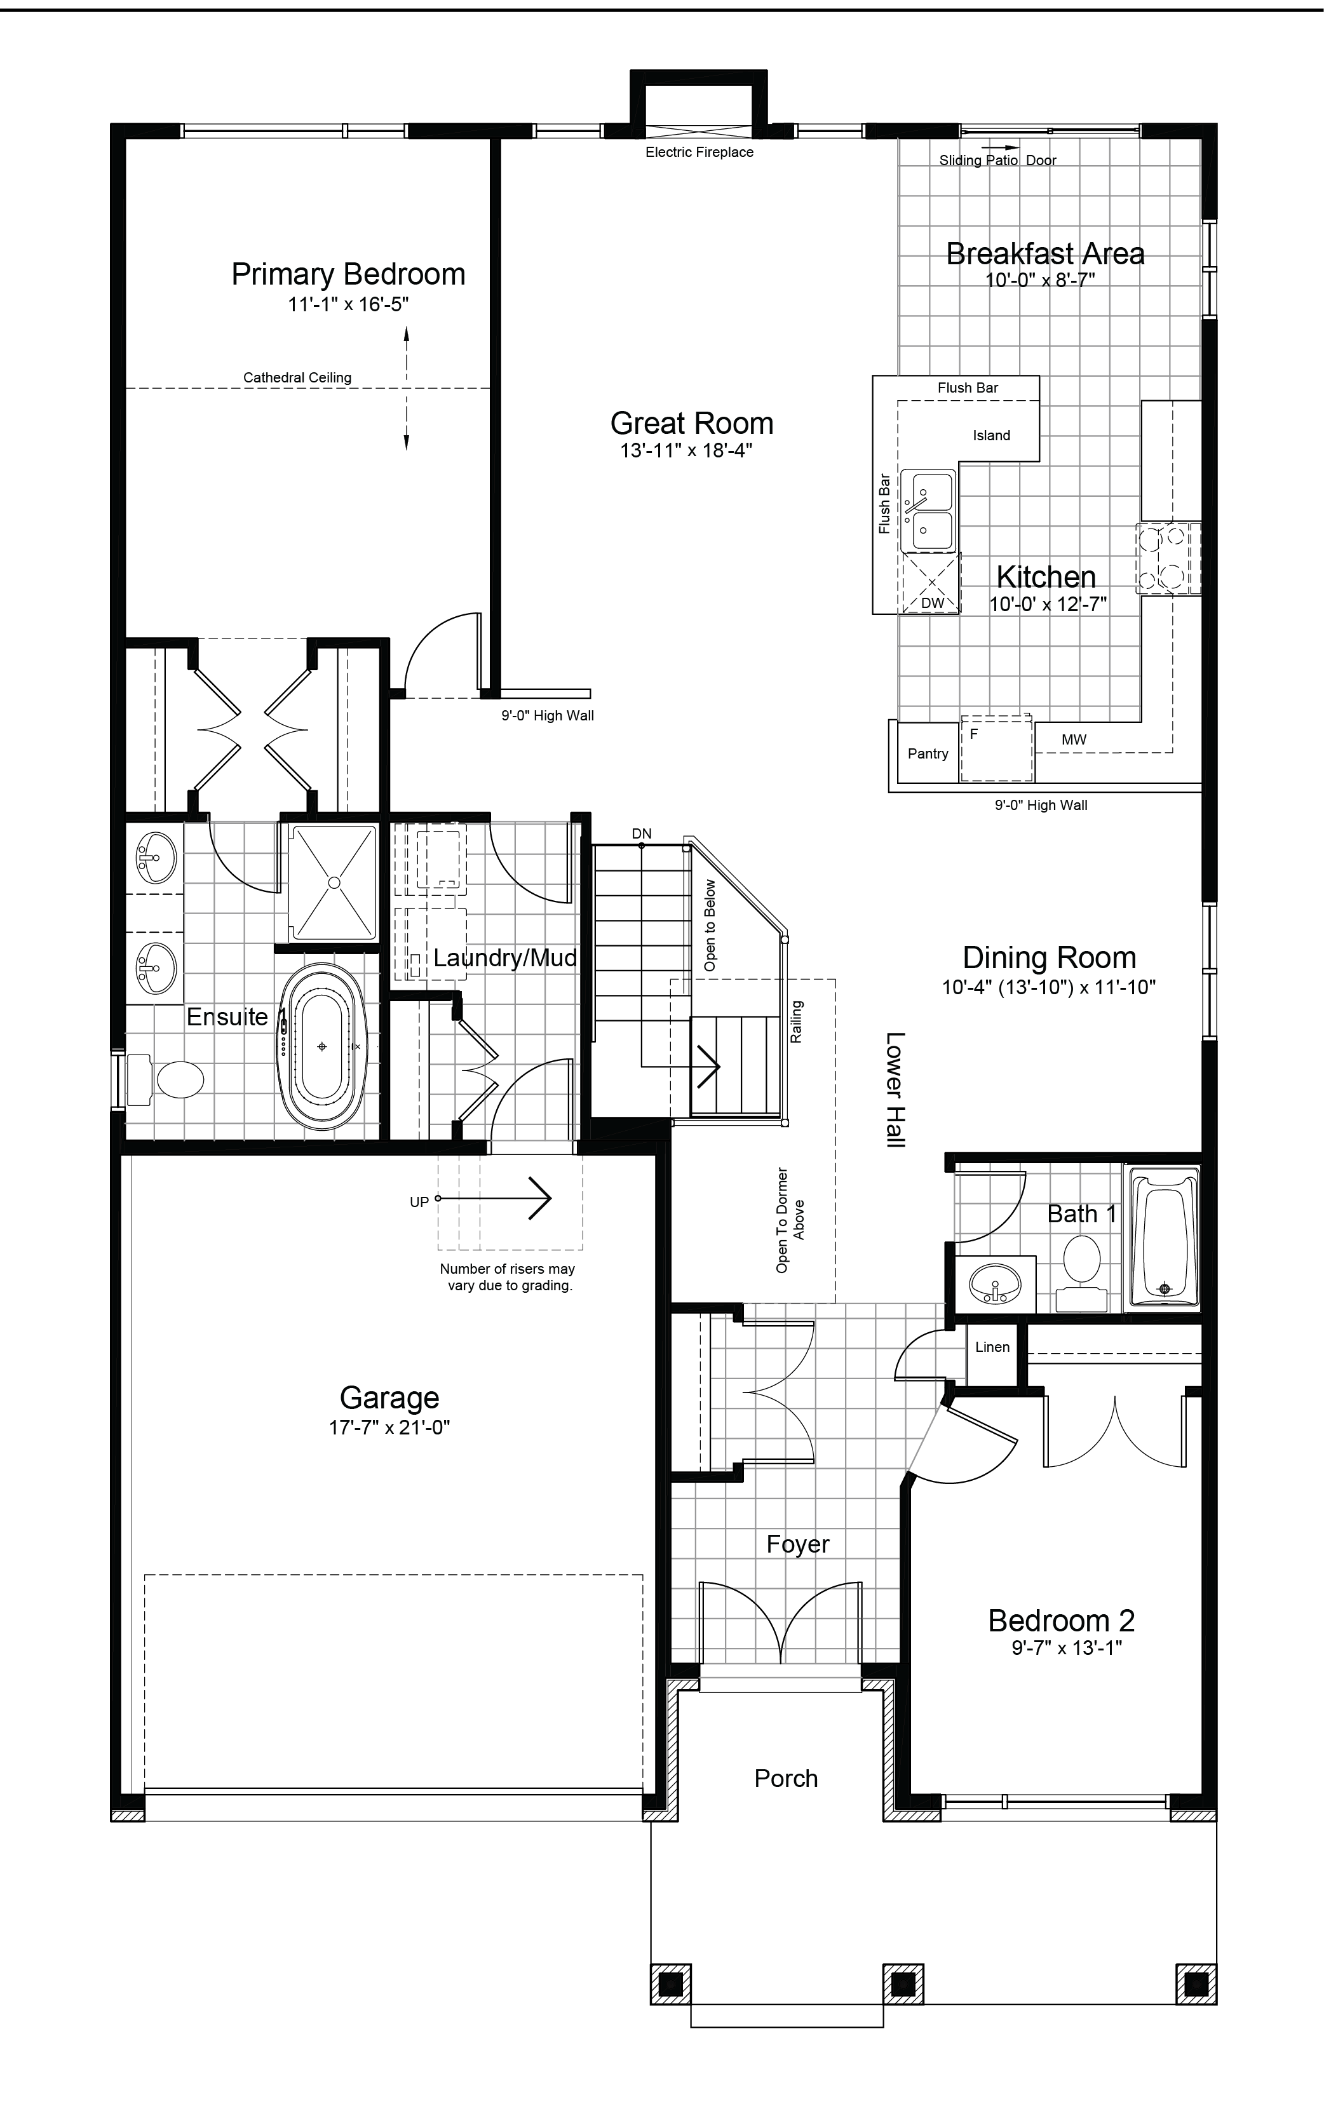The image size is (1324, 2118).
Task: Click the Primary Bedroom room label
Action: (x=349, y=274)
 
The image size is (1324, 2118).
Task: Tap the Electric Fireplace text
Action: (x=699, y=152)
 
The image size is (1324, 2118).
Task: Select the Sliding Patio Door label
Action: (x=997, y=160)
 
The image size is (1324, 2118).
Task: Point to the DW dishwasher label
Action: (x=933, y=604)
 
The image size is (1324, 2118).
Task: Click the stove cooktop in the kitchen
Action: (x=1168, y=558)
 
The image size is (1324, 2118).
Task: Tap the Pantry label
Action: (x=928, y=754)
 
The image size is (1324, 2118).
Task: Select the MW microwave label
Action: (x=1074, y=740)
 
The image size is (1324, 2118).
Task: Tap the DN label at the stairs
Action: (x=642, y=833)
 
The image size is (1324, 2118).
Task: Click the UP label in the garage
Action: (x=419, y=1202)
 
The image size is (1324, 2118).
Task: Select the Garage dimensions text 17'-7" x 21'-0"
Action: (x=389, y=1427)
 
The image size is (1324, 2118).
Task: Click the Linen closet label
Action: (x=992, y=1347)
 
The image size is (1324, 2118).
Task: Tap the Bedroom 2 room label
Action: (x=1062, y=1621)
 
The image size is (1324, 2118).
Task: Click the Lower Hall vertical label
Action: (x=895, y=1090)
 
